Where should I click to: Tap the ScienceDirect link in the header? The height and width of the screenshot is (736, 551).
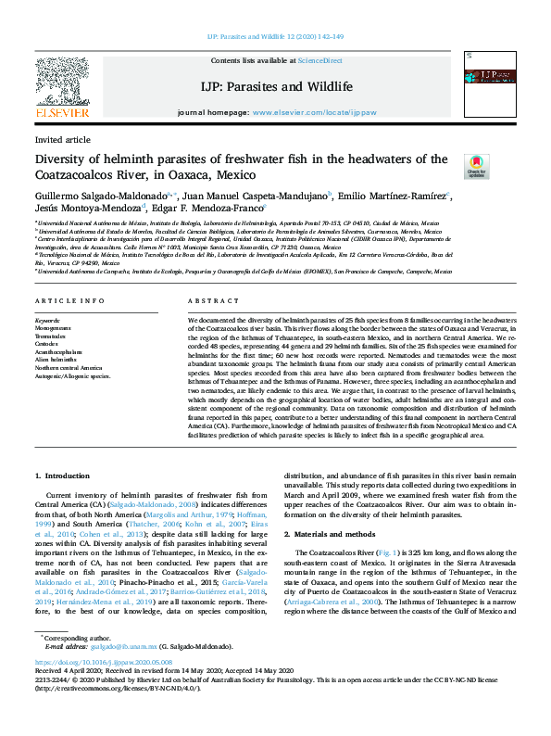tap(319, 60)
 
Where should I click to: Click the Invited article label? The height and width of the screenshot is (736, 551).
tap(62, 139)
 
